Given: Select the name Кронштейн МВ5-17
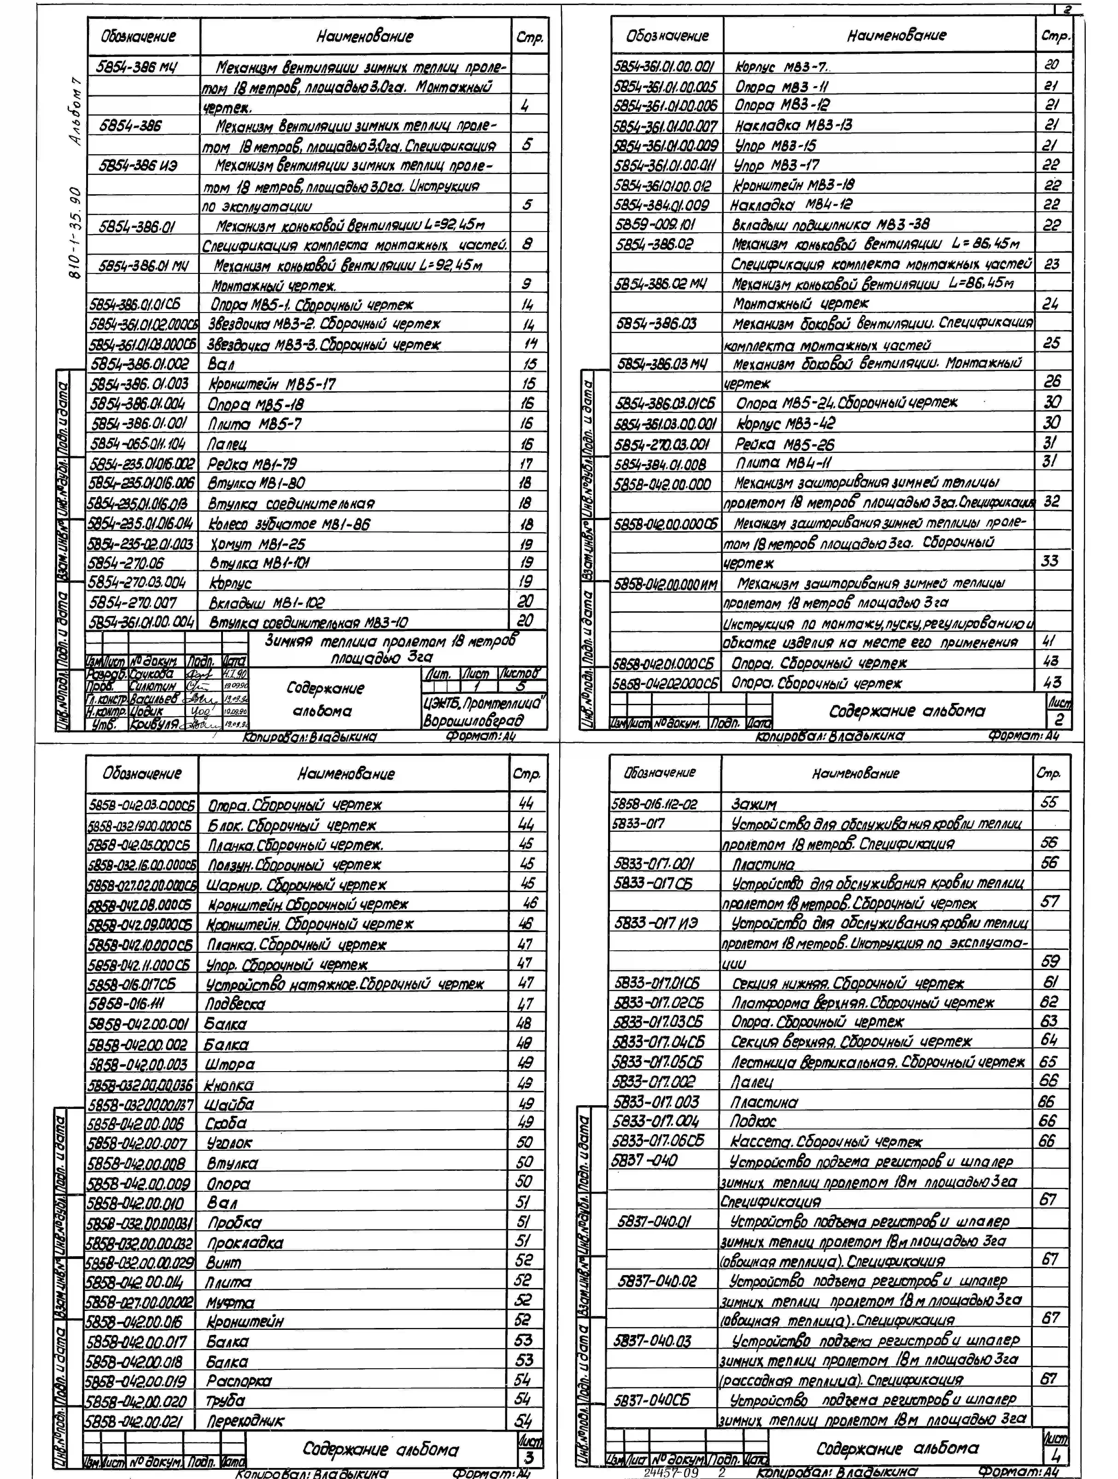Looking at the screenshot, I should pos(272,384).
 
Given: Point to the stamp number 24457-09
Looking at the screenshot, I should pos(670,1472).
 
